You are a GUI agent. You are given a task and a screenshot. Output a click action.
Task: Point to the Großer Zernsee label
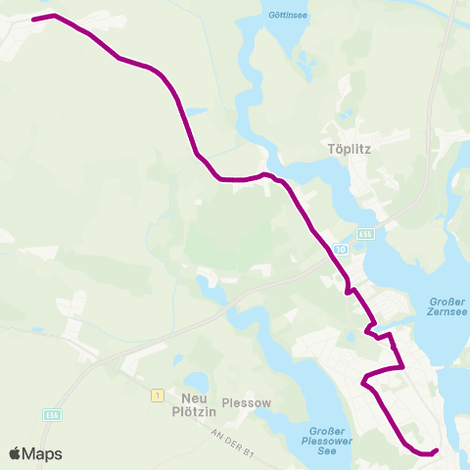[448, 307]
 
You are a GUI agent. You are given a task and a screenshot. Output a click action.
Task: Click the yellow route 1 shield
[156, 395]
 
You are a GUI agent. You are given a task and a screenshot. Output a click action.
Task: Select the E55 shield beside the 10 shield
[364, 234]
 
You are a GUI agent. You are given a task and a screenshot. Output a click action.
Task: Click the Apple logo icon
[16, 453]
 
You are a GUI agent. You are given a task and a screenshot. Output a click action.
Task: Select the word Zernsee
[448, 313]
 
